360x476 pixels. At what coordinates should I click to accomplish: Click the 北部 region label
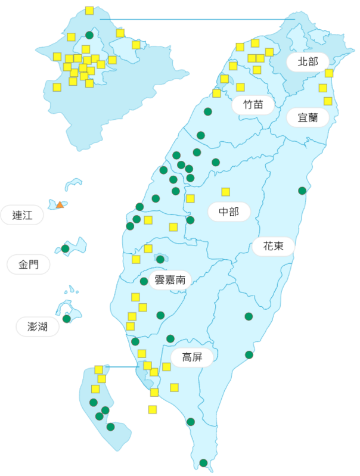308,62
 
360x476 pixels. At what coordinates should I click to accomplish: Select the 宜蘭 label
308,117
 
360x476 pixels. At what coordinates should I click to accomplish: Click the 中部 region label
229,211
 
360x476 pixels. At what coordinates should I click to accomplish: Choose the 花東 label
274,246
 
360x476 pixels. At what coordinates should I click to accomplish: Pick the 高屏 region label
193,357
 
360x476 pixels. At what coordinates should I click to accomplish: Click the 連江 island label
22,215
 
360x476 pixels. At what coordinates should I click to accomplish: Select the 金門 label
28,265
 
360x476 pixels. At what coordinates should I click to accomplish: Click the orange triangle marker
60,205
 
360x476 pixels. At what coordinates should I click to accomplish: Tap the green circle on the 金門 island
66,248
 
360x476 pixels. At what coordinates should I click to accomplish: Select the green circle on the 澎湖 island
67,319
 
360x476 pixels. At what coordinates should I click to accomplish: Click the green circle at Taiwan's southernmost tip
203,463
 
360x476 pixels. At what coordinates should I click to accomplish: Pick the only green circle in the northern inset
89,35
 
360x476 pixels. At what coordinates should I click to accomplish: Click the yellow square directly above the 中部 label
226,192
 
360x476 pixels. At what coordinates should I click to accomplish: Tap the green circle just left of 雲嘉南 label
144,281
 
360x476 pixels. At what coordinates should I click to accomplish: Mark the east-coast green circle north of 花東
302,191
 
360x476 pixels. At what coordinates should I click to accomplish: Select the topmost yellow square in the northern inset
89,11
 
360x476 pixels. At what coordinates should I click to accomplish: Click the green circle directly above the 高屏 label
170,338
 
